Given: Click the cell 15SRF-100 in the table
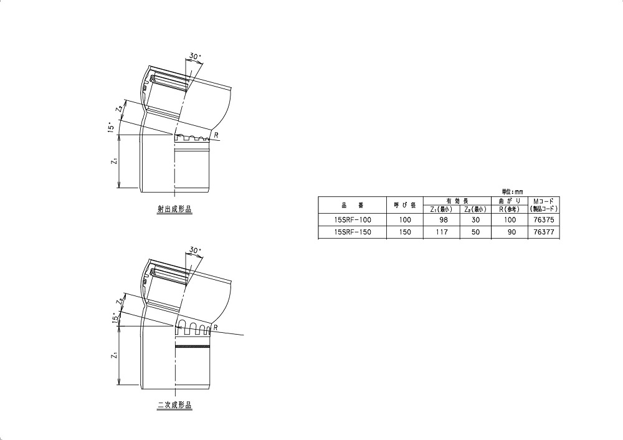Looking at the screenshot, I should (x=353, y=220).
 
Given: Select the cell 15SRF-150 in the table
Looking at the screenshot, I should (x=353, y=232).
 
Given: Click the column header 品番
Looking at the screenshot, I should (x=353, y=205).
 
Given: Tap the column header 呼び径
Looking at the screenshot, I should (x=406, y=205).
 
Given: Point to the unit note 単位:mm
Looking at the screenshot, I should (x=513, y=192).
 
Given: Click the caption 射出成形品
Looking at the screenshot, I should (x=174, y=210).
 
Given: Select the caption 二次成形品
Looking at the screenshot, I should (x=174, y=406).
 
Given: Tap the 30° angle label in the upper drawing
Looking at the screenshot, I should (x=195, y=57).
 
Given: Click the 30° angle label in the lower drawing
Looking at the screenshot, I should (x=195, y=251).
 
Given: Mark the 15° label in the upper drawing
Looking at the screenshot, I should (x=110, y=128).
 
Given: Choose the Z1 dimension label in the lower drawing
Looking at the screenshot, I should (x=114, y=356).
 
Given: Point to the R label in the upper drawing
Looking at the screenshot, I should (x=216, y=134).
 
